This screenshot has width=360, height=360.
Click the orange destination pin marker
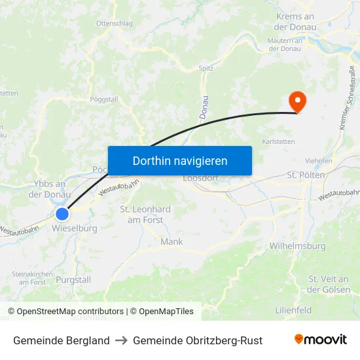coord(297,100)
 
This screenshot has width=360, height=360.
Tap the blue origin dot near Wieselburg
coord(62,213)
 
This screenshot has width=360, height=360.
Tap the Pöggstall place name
coord(103,99)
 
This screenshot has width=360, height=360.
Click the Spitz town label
coord(206,67)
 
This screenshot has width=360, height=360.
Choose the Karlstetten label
coord(278,141)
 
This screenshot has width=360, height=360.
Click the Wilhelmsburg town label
coord(297,247)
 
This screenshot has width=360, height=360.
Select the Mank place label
coord(171,242)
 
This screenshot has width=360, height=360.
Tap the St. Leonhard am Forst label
coord(145,215)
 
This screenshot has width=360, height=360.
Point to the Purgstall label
coord(74,279)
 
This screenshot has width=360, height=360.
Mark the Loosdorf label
coord(200,177)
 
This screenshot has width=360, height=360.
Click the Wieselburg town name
coord(74,229)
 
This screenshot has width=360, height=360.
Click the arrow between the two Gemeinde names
coord(121,340)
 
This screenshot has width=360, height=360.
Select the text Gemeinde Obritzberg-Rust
coord(198,340)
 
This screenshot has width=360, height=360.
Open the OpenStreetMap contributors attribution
coord(70,312)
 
